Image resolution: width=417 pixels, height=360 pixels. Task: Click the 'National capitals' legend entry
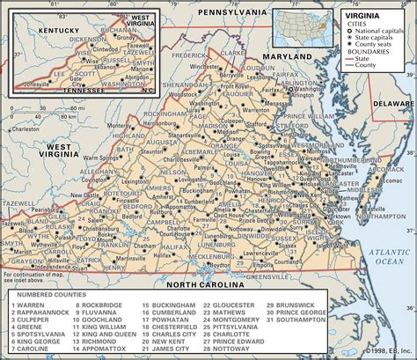coord(378,32)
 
